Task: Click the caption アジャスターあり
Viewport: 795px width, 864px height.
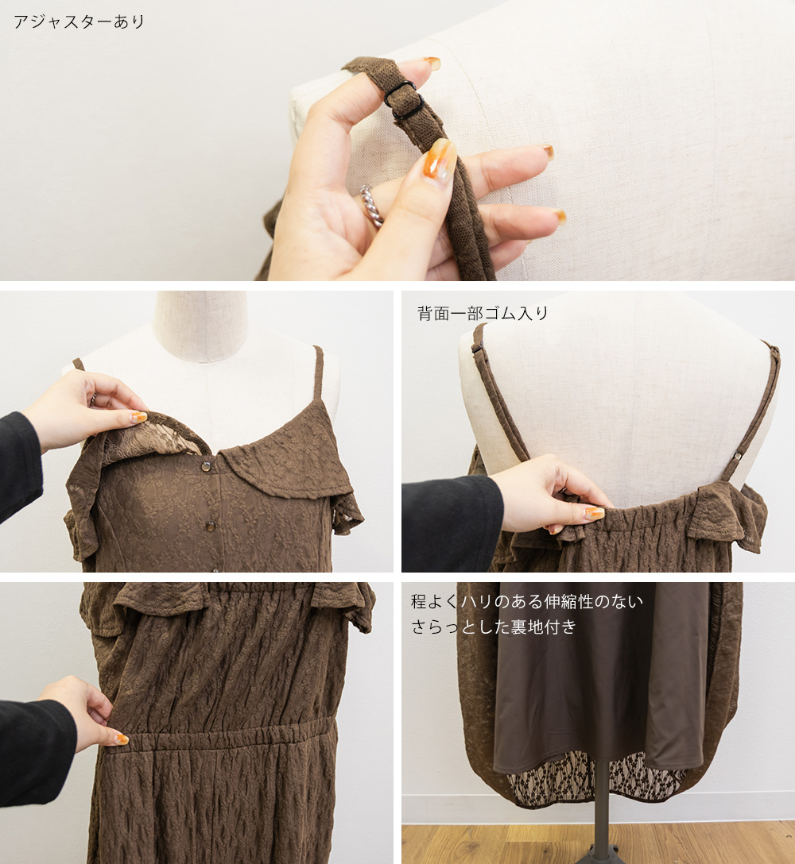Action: point(79,21)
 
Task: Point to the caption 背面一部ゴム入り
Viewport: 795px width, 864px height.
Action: point(483,313)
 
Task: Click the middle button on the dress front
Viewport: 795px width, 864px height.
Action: point(211,526)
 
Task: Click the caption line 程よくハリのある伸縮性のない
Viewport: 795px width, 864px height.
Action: point(527,601)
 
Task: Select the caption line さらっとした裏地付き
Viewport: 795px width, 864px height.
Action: point(494,627)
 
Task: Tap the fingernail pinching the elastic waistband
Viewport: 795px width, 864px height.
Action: point(121,739)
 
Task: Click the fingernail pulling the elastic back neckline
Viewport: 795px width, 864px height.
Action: point(594,513)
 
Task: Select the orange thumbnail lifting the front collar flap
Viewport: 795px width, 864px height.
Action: point(138,417)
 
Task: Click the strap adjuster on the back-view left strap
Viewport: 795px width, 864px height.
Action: point(478,349)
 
